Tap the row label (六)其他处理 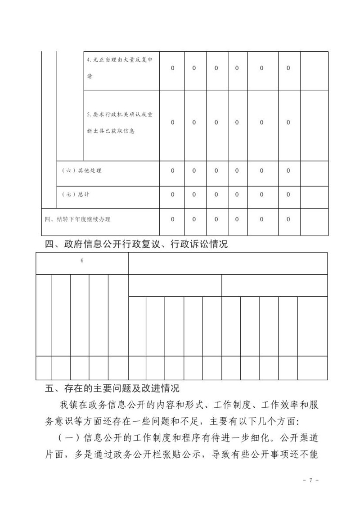pyautogui.click(x=81, y=171)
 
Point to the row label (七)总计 pyautogui.click(x=75, y=195)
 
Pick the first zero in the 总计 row pyautogui.click(x=172, y=195)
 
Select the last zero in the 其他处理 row pyautogui.click(x=288, y=171)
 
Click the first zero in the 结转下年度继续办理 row pyautogui.click(x=172, y=219)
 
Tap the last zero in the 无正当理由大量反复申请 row pyautogui.click(x=288, y=68)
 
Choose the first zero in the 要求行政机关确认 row pyautogui.click(x=172, y=122)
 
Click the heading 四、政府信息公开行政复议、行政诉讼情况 pyautogui.click(x=137, y=245)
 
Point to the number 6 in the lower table pyautogui.click(x=82, y=260)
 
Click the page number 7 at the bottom pyautogui.click(x=310, y=481)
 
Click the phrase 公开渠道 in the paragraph pyautogui.click(x=300, y=438)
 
